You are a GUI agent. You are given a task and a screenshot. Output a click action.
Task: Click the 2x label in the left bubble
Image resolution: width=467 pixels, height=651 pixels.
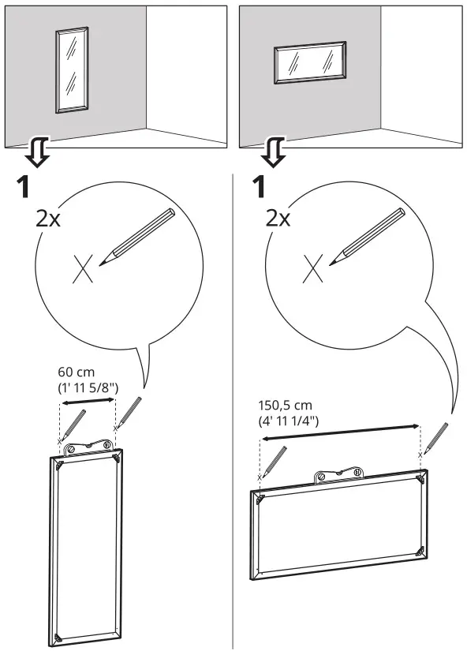tap(47, 219)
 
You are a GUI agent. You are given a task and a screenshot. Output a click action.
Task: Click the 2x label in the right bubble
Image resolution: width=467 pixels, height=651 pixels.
tap(277, 219)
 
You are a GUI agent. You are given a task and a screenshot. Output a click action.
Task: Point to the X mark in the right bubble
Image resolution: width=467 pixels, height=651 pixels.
tap(313, 271)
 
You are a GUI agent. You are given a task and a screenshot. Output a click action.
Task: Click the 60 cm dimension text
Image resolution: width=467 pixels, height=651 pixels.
tap(76, 370)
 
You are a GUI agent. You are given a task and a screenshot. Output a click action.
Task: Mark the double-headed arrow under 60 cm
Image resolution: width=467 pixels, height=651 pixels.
tap(88, 404)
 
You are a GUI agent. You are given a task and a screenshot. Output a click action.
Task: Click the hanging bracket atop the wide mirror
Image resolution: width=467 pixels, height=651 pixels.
tap(339, 475)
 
